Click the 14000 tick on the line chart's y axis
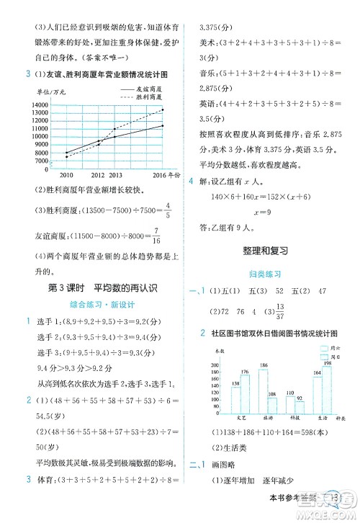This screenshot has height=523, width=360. click(40, 105)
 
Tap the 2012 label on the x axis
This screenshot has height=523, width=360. click(99, 175)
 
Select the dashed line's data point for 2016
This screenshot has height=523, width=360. click(163, 109)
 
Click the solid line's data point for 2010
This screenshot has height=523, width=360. click(66, 152)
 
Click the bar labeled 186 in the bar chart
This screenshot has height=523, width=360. click(264, 390)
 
